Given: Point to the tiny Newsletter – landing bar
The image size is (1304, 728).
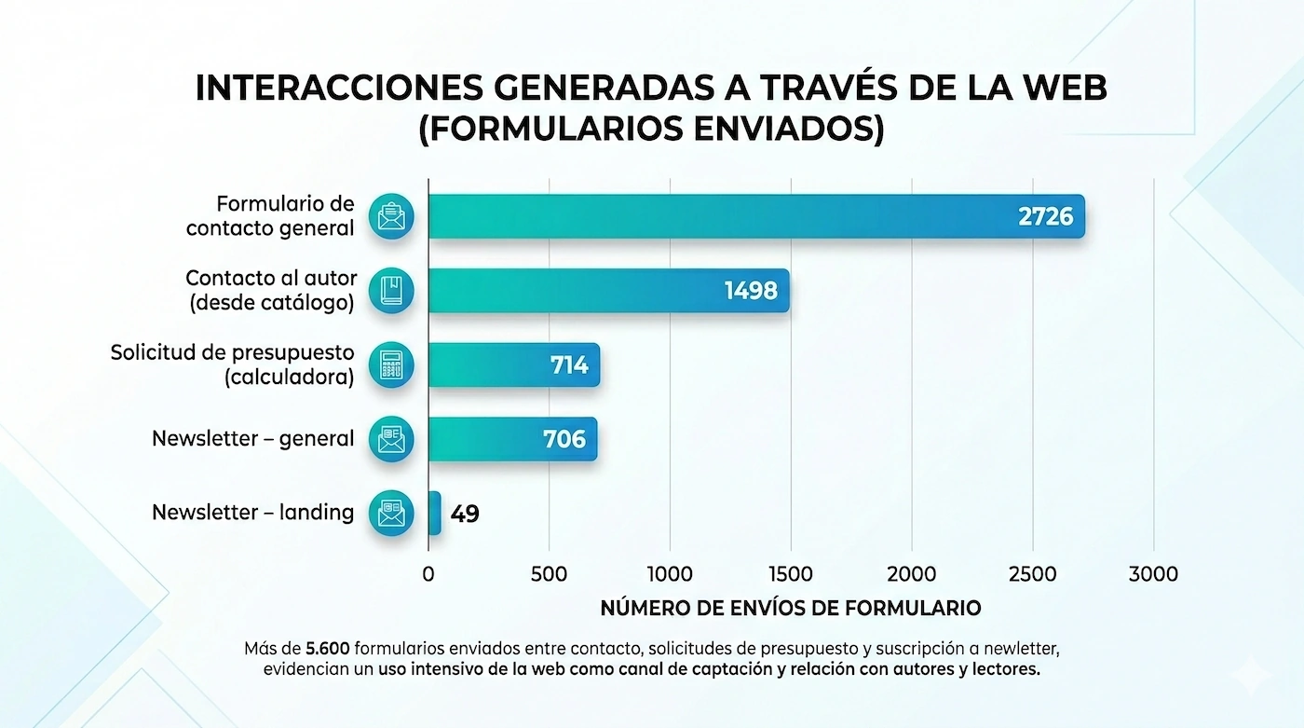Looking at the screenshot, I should (434, 513).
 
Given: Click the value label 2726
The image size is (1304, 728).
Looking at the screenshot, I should (1045, 217).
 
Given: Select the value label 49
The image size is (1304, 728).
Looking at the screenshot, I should (465, 514).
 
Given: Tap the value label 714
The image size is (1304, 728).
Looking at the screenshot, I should (568, 365).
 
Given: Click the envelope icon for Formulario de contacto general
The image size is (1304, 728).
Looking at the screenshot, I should (391, 216).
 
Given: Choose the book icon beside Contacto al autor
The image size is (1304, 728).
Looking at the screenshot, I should (391, 291).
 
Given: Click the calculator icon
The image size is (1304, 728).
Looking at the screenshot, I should (391, 365).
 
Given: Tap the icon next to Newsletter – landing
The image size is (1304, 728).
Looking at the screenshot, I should (391, 513).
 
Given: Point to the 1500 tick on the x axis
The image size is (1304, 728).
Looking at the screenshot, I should (790, 574).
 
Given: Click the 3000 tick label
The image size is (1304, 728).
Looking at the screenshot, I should (1153, 574).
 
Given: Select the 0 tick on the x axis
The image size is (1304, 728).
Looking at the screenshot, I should (428, 574).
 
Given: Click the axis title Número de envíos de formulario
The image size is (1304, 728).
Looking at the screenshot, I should (790, 609).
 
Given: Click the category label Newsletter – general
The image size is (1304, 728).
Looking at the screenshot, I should (253, 438).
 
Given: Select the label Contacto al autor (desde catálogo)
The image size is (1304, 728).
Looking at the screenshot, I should (270, 290).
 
